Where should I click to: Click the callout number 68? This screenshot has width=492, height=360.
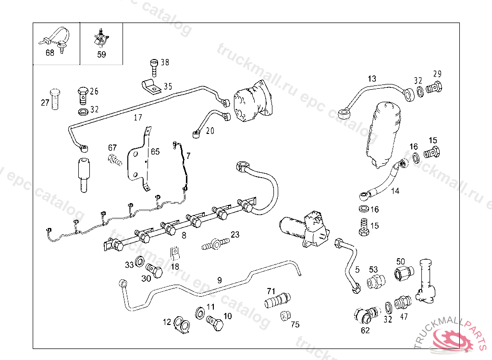(x=50, y=53)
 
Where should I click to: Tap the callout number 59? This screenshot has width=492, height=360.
(x=101, y=54)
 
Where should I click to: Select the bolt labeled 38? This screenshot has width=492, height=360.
(x=154, y=67)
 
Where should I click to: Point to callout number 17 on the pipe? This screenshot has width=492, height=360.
(x=138, y=117)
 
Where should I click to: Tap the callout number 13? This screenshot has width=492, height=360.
(x=372, y=79)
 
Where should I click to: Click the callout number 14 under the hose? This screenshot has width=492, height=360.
(x=395, y=191)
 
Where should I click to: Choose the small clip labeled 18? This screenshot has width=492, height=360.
(x=175, y=252)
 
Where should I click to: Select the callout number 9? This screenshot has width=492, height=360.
(x=220, y=279)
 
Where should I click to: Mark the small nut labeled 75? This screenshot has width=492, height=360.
(x=284, y=316)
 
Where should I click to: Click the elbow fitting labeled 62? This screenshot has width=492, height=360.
(x=364, y=315)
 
